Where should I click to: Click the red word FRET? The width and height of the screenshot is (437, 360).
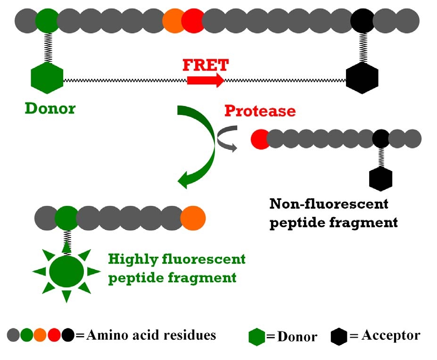[x=206, y=65]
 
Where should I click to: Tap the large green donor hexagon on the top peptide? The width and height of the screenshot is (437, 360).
[x=47, y=78]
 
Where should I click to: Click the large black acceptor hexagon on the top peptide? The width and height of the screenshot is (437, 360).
[x=362, y=78]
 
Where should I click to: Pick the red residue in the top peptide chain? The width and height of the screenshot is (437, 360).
[x=193, y=21]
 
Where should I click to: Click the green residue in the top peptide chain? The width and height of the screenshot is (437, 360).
[x=47, y=21]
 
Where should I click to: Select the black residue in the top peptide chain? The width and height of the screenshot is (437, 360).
[x=362, y=21]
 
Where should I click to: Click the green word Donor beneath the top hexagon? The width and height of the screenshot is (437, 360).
[x=50, y=108]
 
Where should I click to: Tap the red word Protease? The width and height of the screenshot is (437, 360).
[x=260, y=111]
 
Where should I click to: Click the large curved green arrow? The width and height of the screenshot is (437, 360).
[x=200, y=146]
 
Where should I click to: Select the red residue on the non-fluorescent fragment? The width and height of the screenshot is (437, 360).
[x=259, y=139]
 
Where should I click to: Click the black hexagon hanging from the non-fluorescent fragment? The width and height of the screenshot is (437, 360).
[x=380, y=178]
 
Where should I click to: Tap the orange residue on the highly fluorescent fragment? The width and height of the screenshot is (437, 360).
[x=193, y=218]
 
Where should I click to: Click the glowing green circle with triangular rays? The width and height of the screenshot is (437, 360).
[x=66, y=272]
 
